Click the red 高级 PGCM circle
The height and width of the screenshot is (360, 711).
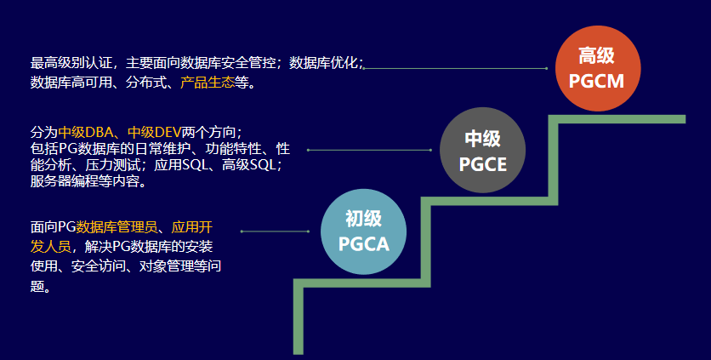tap(597, 69)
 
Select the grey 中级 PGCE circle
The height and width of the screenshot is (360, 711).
tap(483, 151)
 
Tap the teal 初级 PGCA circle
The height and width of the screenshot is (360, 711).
tap(363, 231)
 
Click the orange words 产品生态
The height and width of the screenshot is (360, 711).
tap(208, 83)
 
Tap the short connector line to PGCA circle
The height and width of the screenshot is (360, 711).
tap(276, 231)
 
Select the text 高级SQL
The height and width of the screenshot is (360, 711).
tap(251, 165)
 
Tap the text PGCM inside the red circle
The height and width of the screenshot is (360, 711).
tap(597, 82)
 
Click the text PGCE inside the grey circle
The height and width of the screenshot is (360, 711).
tap(483, 163)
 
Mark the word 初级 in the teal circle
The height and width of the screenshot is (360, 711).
tap(363, 219)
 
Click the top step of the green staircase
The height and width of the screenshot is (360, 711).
tap(621, 118)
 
